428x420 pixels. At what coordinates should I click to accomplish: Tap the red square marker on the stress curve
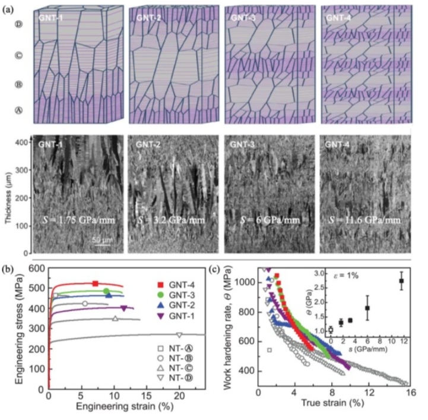tap(96, 284)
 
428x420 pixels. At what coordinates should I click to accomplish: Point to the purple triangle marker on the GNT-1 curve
tap(123, 308)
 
